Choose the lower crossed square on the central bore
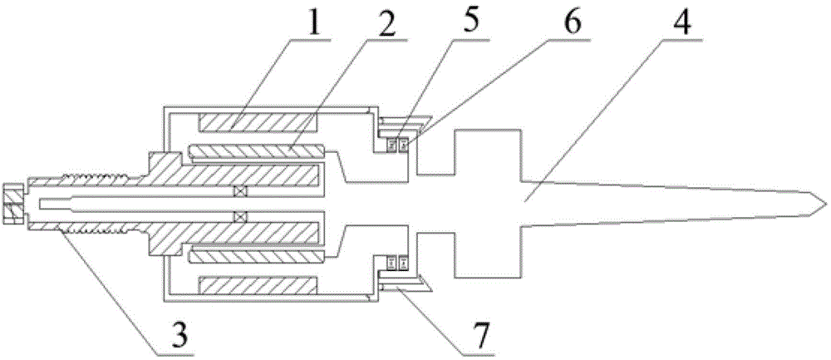point(240,217)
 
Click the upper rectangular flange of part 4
point(487,150)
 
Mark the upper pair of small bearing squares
point(396,145)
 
